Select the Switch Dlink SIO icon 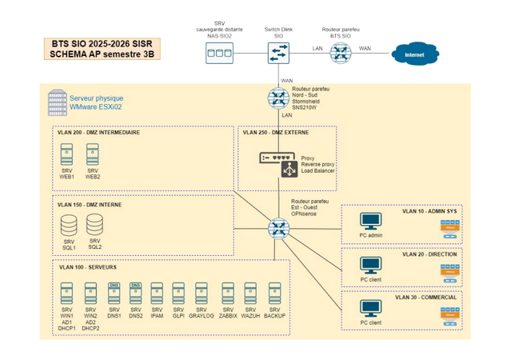click(x=279, y=52)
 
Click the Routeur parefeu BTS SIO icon click(x=342, y=52)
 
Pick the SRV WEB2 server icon click(x=93, y=154)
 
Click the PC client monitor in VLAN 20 click(x=370, y=265)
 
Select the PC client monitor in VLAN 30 click(x=370, y=308)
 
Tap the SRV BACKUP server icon click(x=274, y=292)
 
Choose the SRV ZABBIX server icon click(x=228, y=292)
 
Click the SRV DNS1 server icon click(x=114, y=292)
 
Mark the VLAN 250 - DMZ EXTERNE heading click(x=276, y=133)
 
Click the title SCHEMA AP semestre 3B click(x=101, y=54)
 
